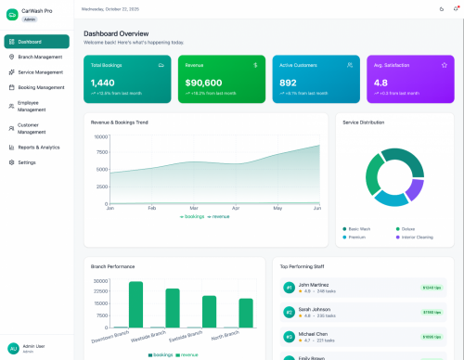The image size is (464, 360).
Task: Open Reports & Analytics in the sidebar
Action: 38,147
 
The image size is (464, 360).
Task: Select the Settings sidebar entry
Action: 27,162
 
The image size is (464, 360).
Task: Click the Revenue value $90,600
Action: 203,83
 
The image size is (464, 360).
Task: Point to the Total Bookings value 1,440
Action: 102,83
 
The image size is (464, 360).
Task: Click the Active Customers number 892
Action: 289,83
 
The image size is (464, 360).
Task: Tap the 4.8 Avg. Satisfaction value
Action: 380,83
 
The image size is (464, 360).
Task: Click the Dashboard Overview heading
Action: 116,32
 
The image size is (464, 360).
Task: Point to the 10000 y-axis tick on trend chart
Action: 100,136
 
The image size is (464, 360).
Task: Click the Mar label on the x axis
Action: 193,209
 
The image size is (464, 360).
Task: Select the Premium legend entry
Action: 357,237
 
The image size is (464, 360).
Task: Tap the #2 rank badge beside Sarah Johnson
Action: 289,312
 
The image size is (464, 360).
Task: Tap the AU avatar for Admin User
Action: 13,348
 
